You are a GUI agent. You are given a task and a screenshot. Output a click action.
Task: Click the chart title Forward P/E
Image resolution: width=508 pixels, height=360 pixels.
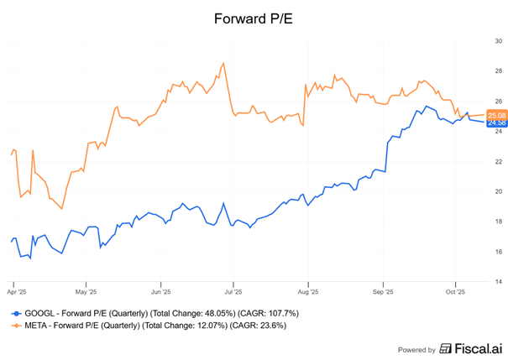click(254, 16)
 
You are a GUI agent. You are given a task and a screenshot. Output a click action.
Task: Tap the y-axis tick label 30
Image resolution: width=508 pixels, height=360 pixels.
click(498, 41)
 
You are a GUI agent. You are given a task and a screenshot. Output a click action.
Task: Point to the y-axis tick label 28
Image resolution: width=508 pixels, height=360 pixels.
click(498, 71)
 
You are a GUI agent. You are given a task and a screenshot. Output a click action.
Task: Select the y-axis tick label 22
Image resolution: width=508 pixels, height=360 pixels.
click(498, 161)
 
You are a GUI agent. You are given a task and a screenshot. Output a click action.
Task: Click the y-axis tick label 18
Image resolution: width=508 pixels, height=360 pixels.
click(498, 222)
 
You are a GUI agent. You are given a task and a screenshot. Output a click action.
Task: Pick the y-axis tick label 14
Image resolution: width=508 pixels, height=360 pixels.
click(498, 282)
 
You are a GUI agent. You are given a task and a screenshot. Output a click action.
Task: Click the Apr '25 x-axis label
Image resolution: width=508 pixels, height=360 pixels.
click(13, 294)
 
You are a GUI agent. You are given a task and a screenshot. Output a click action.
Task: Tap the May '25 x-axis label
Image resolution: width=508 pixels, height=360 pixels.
click(86, 294)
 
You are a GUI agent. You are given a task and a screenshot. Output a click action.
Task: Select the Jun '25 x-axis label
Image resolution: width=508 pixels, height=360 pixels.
click(160, 294)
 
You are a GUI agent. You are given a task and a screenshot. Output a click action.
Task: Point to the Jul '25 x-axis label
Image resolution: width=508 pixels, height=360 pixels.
click(233, 294)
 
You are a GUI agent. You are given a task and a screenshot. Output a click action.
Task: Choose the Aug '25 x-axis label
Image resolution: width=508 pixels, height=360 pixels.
click(308, 294)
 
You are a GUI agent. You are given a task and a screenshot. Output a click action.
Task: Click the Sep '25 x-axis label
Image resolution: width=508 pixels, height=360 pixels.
click(383, 294)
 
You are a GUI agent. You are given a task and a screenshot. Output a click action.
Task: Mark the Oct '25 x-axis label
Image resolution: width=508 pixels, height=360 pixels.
click(455, 294)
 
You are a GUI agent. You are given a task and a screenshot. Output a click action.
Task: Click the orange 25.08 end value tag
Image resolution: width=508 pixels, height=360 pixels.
click(496, 115)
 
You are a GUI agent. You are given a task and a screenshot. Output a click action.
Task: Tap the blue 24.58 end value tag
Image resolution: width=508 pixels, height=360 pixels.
click(496, 123)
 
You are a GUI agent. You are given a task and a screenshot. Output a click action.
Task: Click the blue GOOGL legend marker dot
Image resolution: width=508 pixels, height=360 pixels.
click(14, 312)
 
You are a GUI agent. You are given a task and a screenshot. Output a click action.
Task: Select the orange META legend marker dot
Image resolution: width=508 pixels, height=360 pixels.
click(14, 325)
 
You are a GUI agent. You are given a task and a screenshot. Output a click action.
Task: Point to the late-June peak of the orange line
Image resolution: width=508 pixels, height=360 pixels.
click(223, 63)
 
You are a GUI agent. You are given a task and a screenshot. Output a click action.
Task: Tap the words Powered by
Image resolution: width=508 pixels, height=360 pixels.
click(417, 349)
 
